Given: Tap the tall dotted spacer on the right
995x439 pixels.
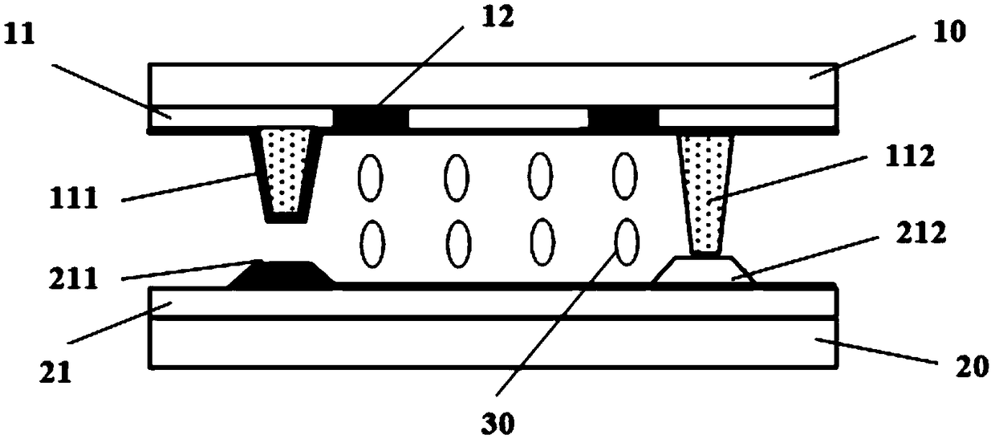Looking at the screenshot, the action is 705,193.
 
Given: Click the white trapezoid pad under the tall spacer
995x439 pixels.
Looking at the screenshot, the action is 704,270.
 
